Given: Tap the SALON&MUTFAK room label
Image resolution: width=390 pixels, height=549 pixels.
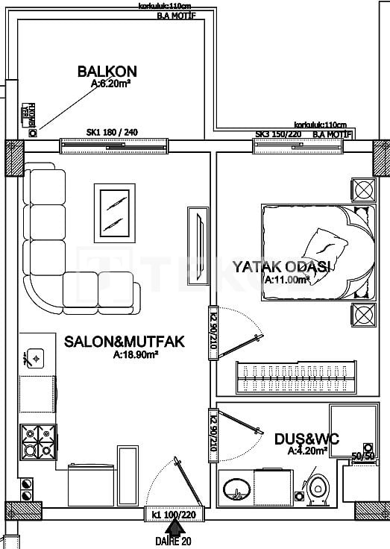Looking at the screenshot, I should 124,342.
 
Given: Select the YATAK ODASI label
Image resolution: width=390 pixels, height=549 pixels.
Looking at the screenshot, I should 282,266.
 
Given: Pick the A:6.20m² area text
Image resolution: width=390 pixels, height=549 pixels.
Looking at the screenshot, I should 111,85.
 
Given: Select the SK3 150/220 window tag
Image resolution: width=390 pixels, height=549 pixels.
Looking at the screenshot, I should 278,134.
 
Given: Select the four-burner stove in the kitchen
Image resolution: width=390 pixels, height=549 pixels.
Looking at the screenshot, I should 38,441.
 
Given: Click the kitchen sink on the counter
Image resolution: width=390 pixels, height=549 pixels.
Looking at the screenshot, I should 35,359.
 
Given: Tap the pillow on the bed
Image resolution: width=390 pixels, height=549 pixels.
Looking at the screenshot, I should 327,245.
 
